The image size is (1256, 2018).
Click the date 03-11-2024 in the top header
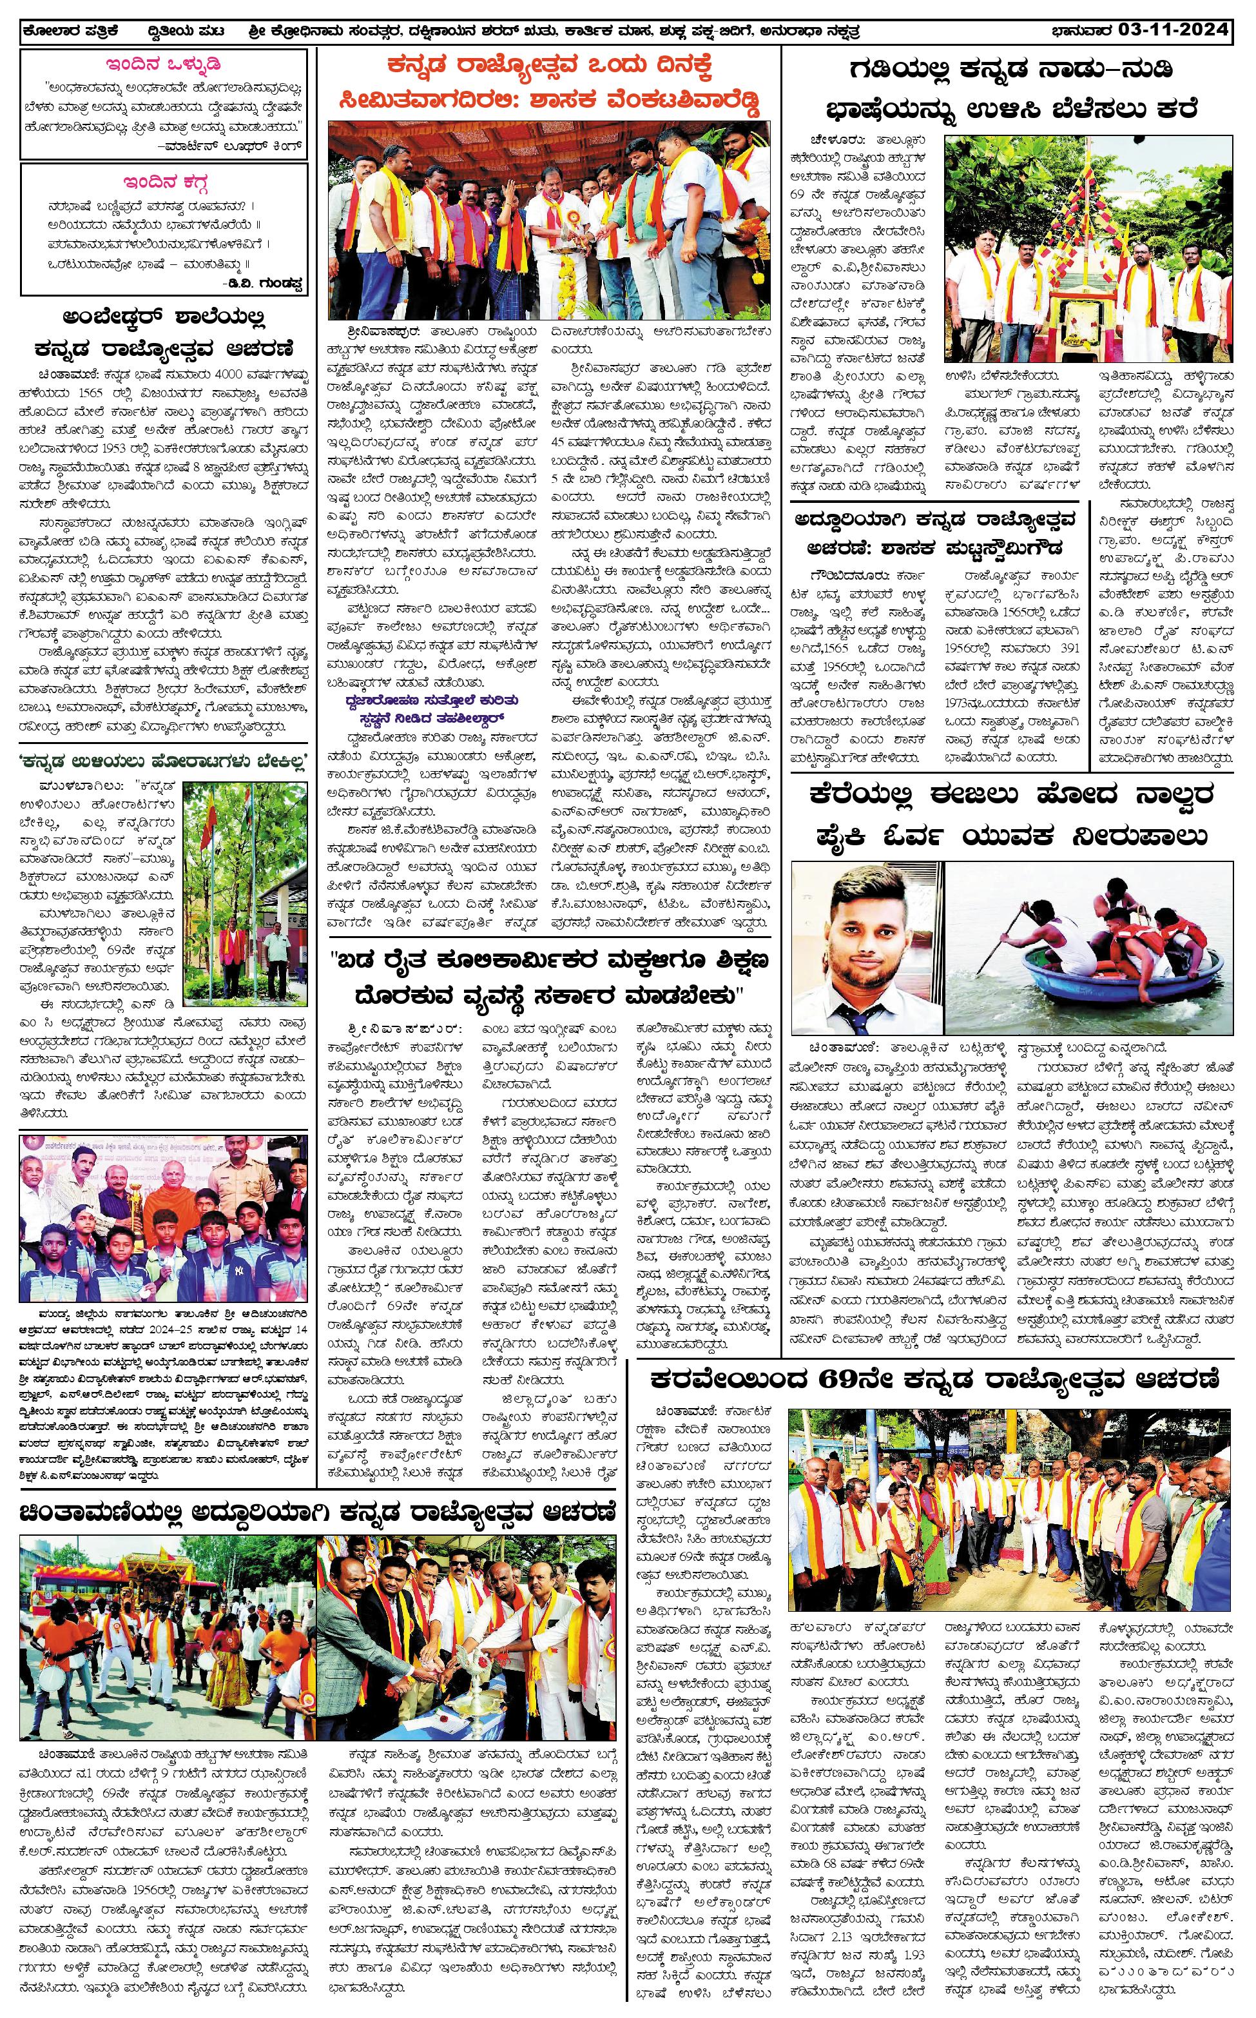point(1172,32)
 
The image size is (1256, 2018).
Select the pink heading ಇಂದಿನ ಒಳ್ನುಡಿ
point(164,64)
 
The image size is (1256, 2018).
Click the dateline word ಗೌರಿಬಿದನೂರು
point(835,575)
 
